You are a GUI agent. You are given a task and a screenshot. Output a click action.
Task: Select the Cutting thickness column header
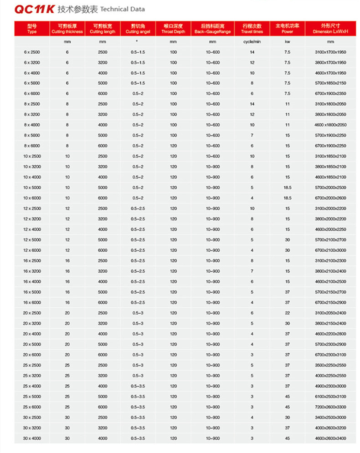67,29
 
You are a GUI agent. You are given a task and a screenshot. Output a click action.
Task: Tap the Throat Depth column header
173,29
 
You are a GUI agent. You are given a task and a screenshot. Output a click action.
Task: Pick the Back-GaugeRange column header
212,29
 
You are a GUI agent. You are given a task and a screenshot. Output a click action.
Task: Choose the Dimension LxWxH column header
330,29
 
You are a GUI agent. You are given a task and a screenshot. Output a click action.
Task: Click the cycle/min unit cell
252,42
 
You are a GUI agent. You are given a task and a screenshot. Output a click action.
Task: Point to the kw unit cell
287,42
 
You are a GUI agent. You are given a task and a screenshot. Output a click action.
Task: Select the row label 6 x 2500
32,52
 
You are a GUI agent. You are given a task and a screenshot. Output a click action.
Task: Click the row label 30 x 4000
32,438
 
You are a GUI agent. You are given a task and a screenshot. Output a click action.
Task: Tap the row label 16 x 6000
32,302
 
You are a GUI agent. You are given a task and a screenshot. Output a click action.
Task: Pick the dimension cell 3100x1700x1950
330,52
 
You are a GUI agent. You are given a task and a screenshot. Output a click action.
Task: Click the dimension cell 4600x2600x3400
330,438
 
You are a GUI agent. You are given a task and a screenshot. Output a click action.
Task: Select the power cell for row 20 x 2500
287,313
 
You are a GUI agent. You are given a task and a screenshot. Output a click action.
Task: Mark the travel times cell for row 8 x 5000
252,135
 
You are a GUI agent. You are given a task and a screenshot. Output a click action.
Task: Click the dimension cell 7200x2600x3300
330,407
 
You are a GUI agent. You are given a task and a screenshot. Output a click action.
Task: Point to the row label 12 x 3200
32,219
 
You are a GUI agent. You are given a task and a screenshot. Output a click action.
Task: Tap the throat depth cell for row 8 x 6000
173,146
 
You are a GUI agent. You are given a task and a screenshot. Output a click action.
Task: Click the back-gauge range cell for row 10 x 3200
212,167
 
